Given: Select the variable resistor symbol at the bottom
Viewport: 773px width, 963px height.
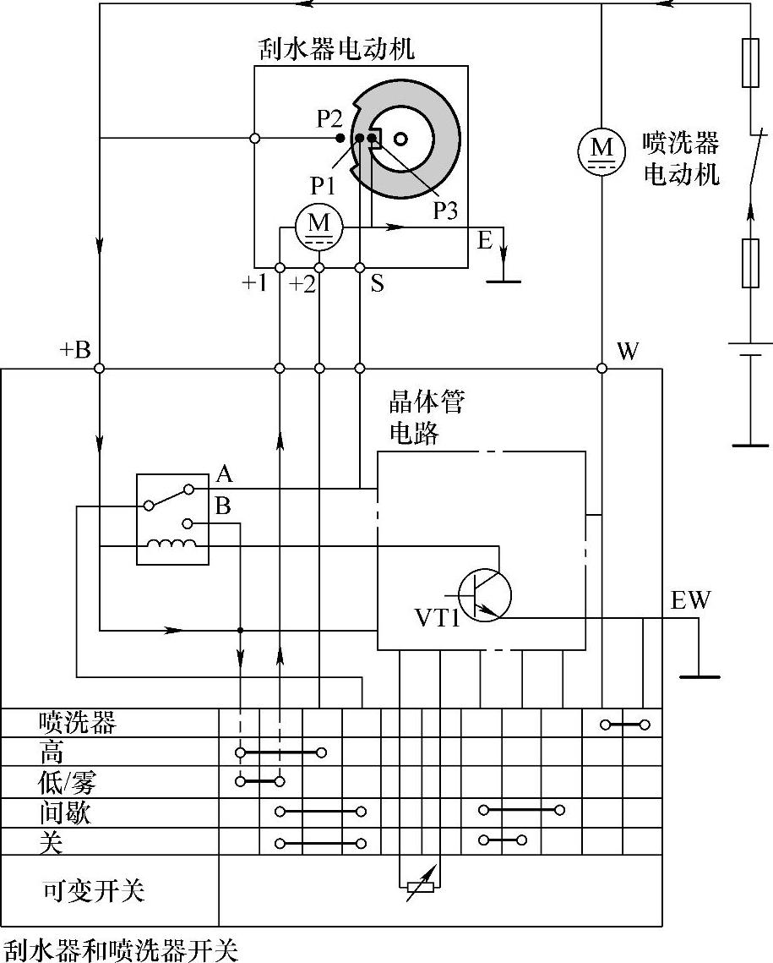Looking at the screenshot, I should pos(420,886).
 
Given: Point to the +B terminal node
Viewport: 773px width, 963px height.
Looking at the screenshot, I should pos(99,369).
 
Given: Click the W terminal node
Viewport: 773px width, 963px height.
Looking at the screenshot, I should pos(602,369).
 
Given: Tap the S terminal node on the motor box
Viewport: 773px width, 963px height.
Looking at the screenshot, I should pos(360,267).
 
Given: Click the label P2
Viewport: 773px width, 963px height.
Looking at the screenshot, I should pos(329,119).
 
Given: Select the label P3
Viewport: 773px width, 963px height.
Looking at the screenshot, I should pos(445,211).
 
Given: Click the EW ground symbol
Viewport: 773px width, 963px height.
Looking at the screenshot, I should pos(698,676).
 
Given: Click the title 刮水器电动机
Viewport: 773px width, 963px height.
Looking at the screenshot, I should pos(336,49).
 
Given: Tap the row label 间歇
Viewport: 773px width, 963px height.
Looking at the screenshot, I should pos(64,813).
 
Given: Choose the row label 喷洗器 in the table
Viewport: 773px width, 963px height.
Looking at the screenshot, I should pos(77,723).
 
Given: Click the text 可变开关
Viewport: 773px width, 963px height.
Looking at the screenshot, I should pos(94,891).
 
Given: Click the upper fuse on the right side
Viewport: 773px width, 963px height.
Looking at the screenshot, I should pos(750,63).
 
